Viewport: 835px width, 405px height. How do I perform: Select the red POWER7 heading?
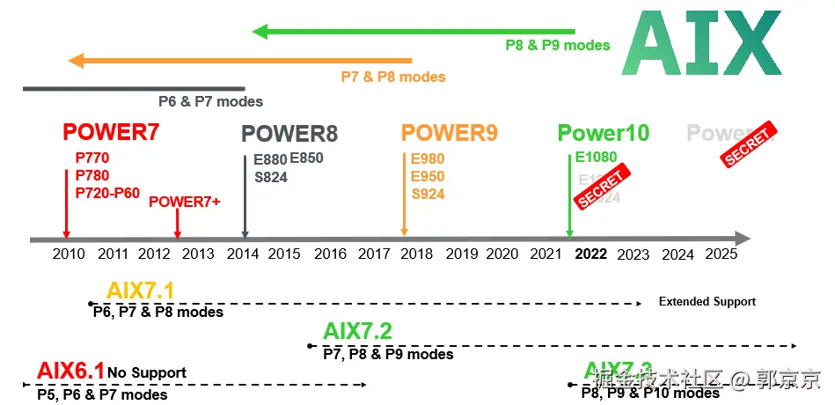[x=111, y=133]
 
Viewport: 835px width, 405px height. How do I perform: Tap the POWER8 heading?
[x=289, y=134]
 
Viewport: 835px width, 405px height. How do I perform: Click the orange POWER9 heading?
[x=450, y=133]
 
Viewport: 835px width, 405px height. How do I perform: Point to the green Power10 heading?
[x=604, y=134]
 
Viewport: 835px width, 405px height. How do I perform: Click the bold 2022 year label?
[x=591, y=254]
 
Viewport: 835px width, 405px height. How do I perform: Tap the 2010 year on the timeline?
[x=69, y=254]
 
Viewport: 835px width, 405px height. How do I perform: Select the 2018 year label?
[x=416, y=254]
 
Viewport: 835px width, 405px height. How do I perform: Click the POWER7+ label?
[x=185, y=202]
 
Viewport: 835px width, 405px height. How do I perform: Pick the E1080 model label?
[x=597, y=158]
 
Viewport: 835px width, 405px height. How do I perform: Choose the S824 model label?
[x=271, y=178]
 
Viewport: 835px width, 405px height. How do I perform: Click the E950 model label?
[x=428, y=176]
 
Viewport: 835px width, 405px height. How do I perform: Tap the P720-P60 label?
[x=107, y=193]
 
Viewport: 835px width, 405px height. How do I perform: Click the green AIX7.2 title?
[x=357, y=332]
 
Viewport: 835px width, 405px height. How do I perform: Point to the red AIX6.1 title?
[x=70, y=371]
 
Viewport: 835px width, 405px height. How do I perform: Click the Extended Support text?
[x=707, y=301]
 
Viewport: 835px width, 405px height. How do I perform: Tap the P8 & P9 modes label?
[x=558, y=45]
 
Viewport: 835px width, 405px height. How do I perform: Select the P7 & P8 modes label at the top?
[x=393, y=77]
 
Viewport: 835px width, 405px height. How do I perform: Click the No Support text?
[x=147, y=372]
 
